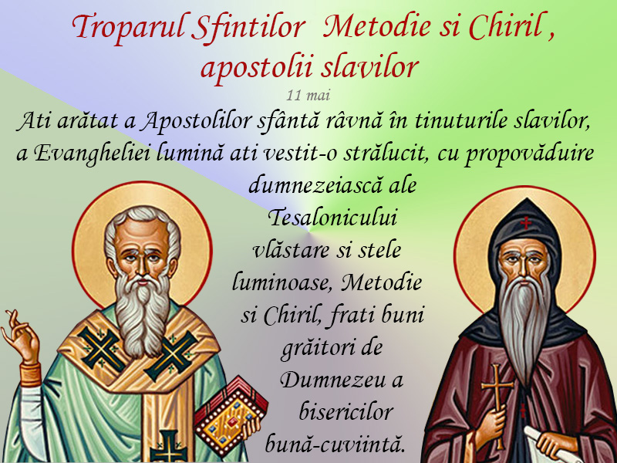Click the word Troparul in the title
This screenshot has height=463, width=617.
[128, 28]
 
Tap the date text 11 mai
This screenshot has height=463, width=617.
[308, 95]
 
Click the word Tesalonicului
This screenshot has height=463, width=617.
[332, 218]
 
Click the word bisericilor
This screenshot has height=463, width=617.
[346, 412]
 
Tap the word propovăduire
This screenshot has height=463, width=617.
[529, 154]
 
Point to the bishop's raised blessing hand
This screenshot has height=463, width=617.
[21, 336]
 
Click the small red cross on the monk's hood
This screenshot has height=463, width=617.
[526, 223]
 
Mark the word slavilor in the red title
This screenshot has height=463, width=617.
[369, 67]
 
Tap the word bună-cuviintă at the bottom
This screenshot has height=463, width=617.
[335, 444]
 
